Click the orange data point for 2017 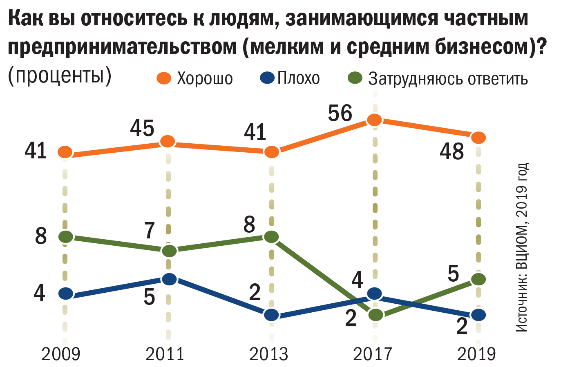374,120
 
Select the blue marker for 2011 169,279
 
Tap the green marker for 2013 271,237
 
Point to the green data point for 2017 375,315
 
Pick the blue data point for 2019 478,315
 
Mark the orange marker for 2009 65,152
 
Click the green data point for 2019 478,279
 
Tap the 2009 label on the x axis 61,354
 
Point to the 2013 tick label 268,354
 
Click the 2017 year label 372,354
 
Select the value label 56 340,113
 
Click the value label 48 452,152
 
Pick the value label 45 142,129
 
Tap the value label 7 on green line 150,231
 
